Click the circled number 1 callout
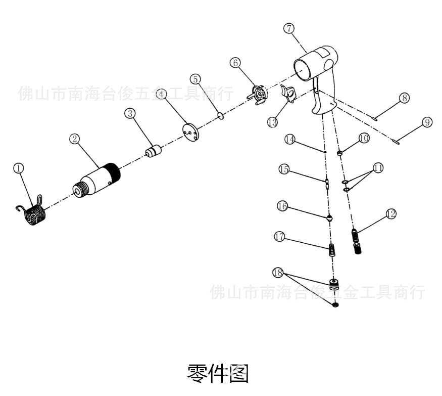click(19, 168)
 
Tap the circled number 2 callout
click(75, 139)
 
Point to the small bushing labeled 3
click(153, 151)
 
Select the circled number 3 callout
click(130, 114)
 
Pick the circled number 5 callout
click(195, 79)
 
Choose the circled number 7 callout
click(288, 28)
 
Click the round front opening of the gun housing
click(304, 69)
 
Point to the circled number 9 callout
click(427, 122)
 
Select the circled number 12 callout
click(390, 214)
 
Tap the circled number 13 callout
click(273, 122)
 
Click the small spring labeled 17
click(332, 250)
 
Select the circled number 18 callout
click(277, 272)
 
